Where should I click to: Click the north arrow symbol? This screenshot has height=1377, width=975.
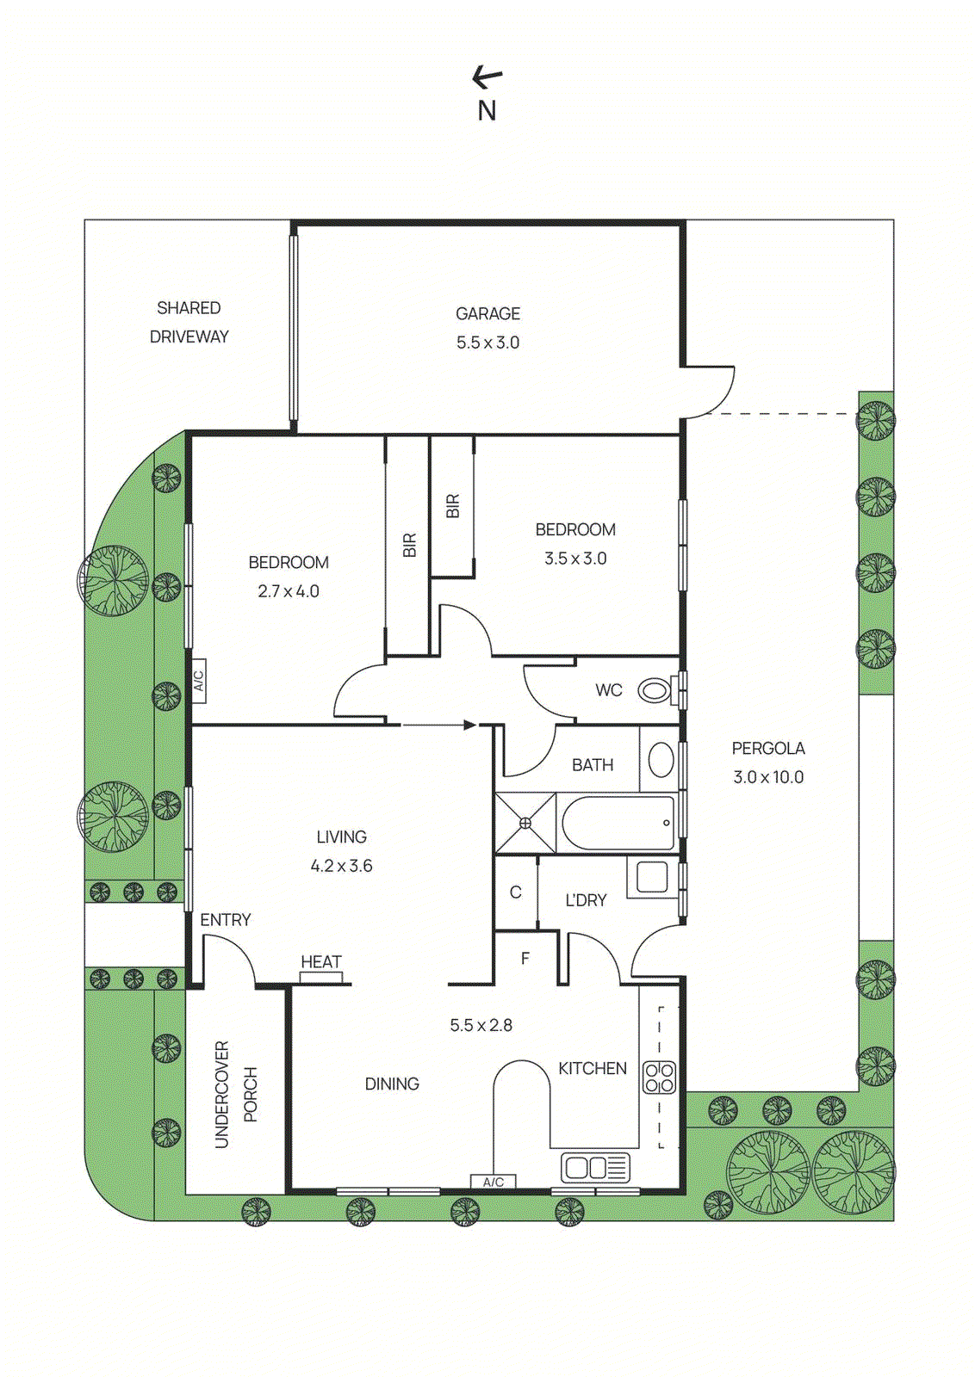coord(487,78)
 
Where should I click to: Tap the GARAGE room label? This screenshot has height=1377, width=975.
coord(487,314)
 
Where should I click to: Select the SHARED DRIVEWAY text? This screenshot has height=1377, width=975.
coord(189,322)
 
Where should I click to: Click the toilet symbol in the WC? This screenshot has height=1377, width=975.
coord(654,689)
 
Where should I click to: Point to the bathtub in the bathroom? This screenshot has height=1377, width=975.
coord(618,824)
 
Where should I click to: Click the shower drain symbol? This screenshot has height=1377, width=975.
coord(525,824)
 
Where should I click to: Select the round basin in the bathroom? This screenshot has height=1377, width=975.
coord(661,760)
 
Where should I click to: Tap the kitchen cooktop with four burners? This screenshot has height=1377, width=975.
coord(659,1078)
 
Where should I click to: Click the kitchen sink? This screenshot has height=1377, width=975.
coord(595,1168)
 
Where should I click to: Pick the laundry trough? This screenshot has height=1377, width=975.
coord(652,877)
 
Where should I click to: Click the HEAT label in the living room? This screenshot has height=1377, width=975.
coord(320,961)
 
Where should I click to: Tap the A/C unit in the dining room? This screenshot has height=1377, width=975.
coord(493,1182)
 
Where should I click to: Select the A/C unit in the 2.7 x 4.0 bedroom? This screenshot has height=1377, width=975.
coord(198,681)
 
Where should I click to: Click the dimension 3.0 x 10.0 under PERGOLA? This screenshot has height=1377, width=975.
coord(768,777)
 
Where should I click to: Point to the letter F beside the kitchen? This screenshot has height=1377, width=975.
coord(525,958)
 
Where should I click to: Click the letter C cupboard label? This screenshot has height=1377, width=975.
coord(515,892)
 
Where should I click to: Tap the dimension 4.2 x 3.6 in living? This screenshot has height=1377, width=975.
coord(341,866)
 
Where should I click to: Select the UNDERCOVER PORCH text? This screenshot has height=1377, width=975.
coord(235,1094)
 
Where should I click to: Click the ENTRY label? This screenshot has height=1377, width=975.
coord(226,920)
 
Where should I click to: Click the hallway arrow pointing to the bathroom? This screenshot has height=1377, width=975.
coord(438,725)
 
